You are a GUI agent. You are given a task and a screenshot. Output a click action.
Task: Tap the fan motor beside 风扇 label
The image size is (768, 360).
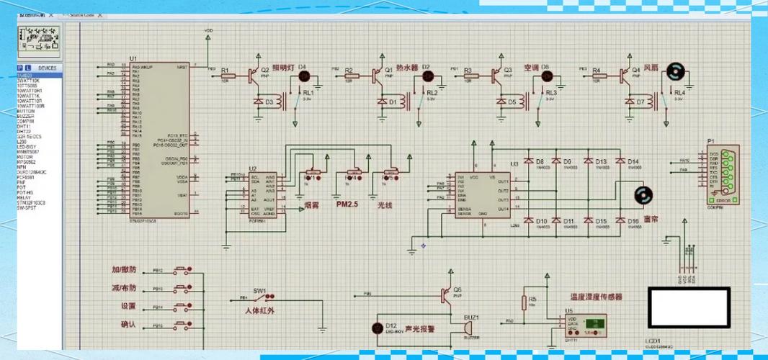click(674, 71)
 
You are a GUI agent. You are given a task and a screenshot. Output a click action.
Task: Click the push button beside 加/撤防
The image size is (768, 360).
click(183, 271)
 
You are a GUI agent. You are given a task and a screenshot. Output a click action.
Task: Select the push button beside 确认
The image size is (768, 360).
click(183, 325)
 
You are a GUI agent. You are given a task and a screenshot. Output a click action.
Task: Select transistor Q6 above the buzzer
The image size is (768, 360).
click(447, 294)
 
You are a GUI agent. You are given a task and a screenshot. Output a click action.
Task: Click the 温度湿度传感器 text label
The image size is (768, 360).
click(596, 296)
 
